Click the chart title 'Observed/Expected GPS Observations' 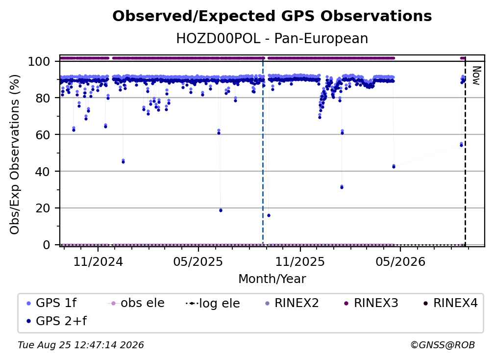pos(272,16)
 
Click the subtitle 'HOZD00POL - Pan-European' pos(272,39)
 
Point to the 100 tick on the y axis pos(39,61)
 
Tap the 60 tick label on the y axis pos(43,134)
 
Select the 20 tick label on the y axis pos(43,208)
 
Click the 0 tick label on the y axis pos(47,245)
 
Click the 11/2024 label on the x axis pos(98,261)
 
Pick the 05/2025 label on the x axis pos(198,261)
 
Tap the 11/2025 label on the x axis pos(300,261)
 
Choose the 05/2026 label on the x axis pos(400,261)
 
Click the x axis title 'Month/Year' pos(272,279)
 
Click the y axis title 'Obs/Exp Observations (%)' pos(15,154)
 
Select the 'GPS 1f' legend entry pos(51,303)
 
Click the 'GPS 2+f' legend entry pos(56,321)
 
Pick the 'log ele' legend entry pos(213,304)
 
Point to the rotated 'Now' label pos(476,76)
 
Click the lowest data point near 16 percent pos(269,215)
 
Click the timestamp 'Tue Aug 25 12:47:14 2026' pos(81,345)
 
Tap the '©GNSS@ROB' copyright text pos(443,345)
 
